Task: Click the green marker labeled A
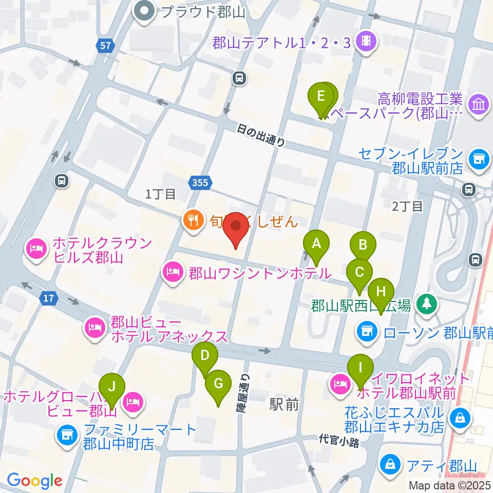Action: pos(316,244)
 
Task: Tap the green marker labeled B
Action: pos(363,245)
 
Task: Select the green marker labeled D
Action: pos(205,356)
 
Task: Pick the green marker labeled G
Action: pos(218,384)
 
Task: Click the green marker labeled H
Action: pos(381,292)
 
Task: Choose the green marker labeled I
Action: pos(360,368)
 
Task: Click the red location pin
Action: pos(236,227)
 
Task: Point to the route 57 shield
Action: pos(105,46)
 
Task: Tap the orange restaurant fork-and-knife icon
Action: pos(193,221)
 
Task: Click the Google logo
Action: pos(34,481)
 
